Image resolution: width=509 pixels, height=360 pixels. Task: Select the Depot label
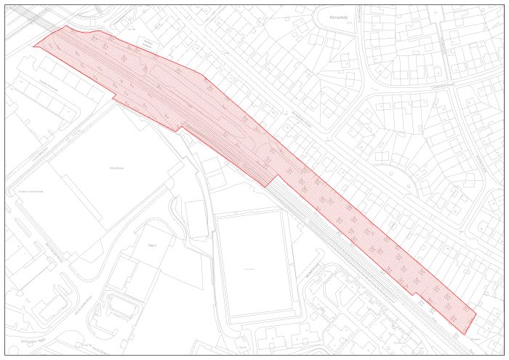coord(152,245)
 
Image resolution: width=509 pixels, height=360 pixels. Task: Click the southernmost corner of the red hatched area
coord(463,334)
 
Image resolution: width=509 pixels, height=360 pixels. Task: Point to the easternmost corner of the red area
coord(476,313)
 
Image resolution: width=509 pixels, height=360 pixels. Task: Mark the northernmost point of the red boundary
coord(67,26)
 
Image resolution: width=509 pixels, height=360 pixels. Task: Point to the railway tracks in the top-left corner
coord(22,16)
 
